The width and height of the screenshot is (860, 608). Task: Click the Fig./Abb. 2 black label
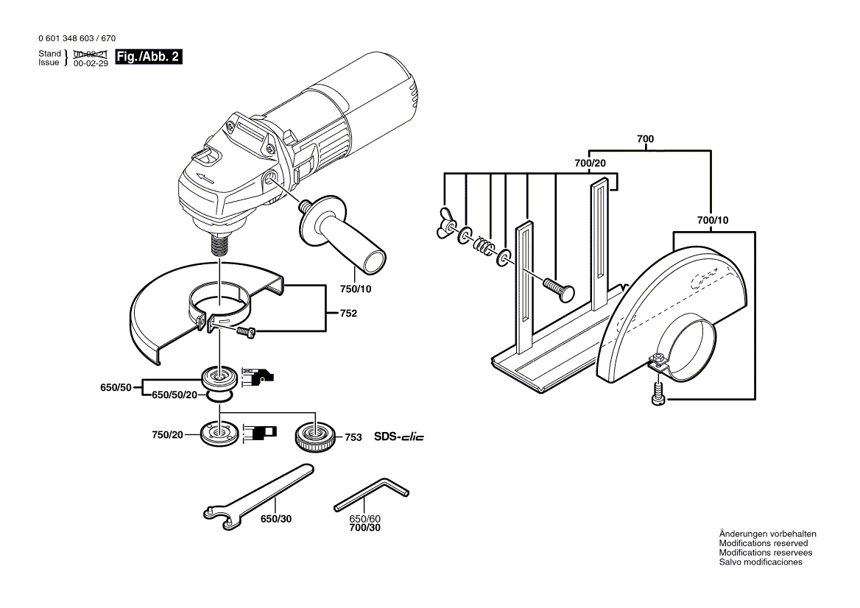(147, 57)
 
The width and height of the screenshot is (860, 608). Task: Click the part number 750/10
(356, 289)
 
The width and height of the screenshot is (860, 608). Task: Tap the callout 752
(348, 314)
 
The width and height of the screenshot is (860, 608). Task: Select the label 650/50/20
(175, 395)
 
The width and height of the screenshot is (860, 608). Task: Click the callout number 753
(353, 437)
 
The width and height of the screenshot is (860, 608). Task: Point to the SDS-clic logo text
(398, 437)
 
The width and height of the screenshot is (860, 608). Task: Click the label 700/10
(712, 219)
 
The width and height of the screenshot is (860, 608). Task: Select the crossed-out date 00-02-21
(91, 54)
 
